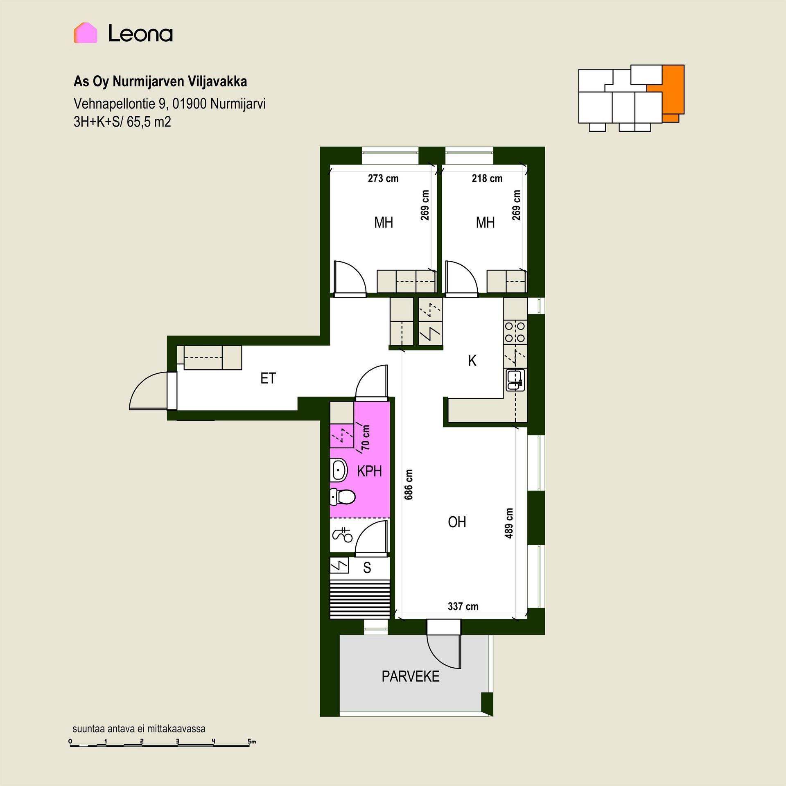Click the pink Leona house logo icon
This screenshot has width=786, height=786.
(86, 33)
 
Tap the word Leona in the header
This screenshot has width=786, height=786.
(140, 33)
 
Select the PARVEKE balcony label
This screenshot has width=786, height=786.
(411, 676)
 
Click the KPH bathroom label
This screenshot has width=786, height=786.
(369, 471)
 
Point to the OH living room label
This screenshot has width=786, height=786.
(457, 522)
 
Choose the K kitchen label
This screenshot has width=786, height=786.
(472, 361)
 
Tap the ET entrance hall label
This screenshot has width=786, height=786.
(268, 378)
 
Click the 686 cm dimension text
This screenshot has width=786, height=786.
(409, 484)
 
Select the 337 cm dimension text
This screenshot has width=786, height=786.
(463, 606)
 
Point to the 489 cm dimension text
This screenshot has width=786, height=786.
(509, 523)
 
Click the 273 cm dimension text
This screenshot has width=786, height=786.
(383, 178)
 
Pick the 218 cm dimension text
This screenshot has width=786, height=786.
(487, 178)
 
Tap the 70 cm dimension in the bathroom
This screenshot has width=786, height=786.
(366, 437)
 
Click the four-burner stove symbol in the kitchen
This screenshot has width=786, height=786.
(515, 332)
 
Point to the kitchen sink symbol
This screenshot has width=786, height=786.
(515, 380)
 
